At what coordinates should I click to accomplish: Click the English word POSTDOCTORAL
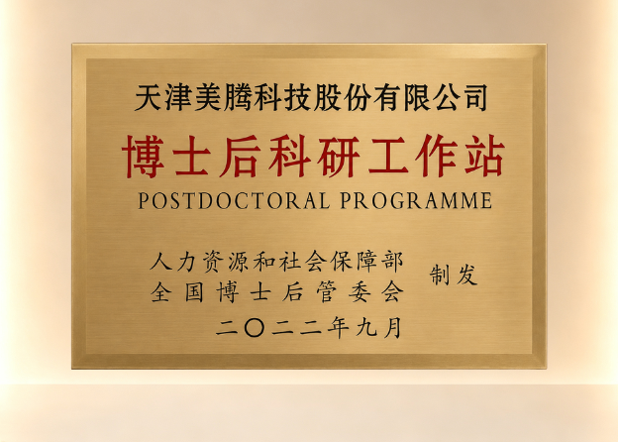[234, 201]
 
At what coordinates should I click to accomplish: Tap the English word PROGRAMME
[416, 201]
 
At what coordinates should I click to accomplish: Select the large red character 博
[143, 157]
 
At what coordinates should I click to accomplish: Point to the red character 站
[484, 156]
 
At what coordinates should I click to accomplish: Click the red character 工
[388, 156]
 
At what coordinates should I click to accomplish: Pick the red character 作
[437, 156]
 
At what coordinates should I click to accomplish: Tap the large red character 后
[240, 157]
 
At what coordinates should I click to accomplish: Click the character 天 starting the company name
[148, 97]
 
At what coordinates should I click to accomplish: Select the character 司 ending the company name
[475, 97]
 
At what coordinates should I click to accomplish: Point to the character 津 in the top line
[177, 97]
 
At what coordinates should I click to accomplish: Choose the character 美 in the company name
[208, 97]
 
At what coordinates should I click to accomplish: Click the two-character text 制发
[454, 275]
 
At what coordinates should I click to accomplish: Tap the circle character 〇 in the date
[254, 328]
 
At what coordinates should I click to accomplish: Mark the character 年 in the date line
[338, 328]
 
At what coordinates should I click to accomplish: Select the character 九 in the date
[366, 328]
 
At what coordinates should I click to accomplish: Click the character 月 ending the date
[392, 328]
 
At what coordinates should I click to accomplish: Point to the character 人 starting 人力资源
[161, 262]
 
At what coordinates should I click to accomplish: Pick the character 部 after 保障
[392, 262]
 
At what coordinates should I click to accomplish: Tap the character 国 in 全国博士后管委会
[194, 292]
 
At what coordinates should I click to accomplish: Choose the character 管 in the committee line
[327, 292]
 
